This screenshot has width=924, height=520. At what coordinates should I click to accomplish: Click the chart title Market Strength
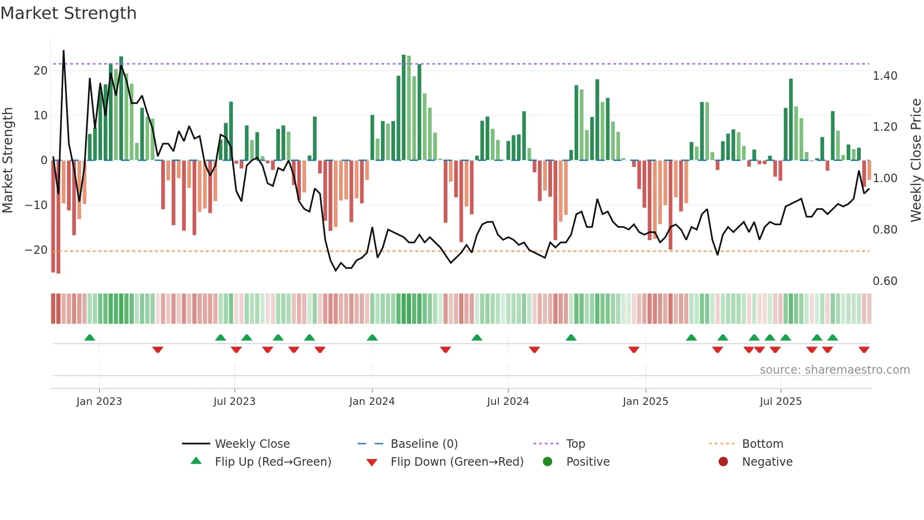(x=68, y=13)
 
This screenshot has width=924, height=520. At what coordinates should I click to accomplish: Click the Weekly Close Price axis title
(x=916, y=160)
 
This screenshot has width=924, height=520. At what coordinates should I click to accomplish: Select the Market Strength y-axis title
(x=8, y=160)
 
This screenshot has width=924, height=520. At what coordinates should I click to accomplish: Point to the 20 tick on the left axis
(x=41, y=71)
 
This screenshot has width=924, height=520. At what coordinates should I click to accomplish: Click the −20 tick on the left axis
(x=36, y=250)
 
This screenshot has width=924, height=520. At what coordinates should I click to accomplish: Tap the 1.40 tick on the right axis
(x=885, y=76)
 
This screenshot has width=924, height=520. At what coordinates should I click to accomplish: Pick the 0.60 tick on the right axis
(x=885, y=281)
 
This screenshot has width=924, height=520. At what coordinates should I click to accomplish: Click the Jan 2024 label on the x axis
(x=372, y=402)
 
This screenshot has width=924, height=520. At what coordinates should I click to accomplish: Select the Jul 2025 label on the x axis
(x=781, y=402)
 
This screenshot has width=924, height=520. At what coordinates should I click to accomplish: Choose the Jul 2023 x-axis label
(x=234, y=402)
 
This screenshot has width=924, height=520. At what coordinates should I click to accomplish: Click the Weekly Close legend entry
(x=252, y=444)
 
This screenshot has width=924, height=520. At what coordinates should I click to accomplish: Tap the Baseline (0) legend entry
(x=424, y=444)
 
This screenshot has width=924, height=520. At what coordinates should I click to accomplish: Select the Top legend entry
(x=576, y=444)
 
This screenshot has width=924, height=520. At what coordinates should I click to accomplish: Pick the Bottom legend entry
(x=762, y=444)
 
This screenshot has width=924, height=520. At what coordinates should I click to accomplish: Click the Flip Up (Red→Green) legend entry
(x=273, y=462)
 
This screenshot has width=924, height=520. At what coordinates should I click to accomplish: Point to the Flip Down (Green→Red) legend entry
(x=457, y=462)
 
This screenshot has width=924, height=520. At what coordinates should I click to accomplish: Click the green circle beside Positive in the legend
(x=547, y=461)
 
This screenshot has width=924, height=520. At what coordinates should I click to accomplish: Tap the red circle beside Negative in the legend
(x=723, y=461)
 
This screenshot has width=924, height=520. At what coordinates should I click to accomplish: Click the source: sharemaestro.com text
(x=834, y=370)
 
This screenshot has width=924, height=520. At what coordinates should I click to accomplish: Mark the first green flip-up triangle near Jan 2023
(x=90, y=337)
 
